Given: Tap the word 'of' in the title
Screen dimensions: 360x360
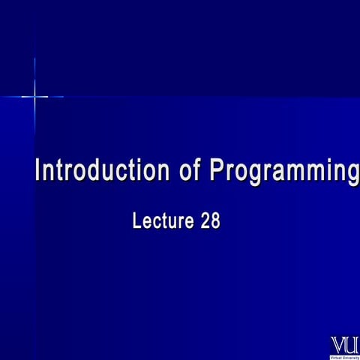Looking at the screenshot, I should coord(190,171).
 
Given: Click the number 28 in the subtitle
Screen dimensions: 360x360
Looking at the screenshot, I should coord(210,222).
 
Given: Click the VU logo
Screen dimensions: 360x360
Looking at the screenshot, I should coord(345,345).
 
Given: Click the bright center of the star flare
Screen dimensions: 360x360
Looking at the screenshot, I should coord(34,96).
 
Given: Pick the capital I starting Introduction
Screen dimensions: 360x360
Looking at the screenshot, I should coord(39,171).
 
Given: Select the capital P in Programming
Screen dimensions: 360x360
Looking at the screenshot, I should coord(217,171).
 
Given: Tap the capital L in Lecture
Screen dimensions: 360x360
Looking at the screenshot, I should coord(136,222).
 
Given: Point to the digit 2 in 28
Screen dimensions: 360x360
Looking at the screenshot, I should coord(205,222).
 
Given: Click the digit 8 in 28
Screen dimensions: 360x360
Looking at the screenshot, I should coord(215,222).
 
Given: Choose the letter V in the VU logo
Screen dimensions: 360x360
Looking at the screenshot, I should coord(338,345).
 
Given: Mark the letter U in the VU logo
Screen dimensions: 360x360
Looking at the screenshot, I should coord(352,345).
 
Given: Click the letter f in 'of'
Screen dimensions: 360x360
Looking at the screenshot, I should coord(196,171).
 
